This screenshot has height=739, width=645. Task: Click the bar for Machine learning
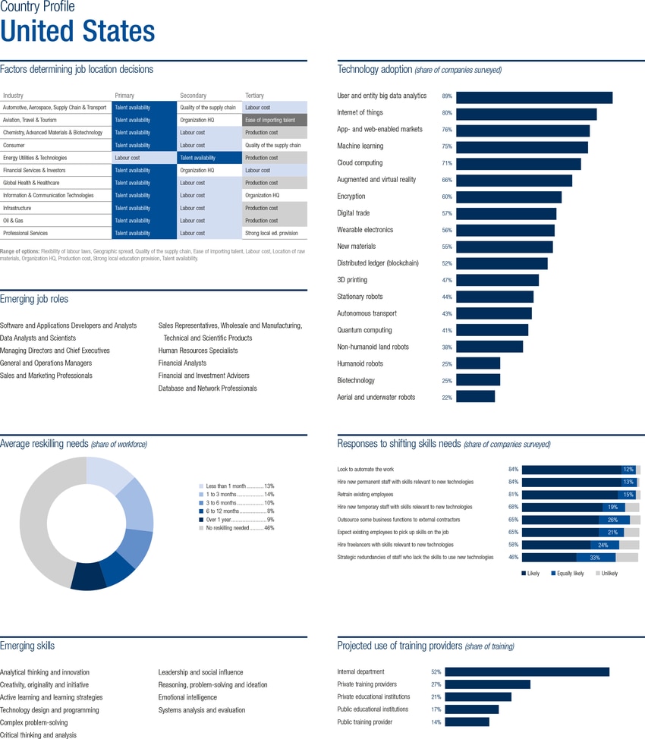click(521, 146)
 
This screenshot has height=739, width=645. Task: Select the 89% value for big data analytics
click(447, 96)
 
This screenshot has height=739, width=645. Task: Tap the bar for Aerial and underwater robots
click(475, 397)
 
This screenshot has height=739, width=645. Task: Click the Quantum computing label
click(364, 330)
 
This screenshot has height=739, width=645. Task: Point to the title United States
click(77, 31)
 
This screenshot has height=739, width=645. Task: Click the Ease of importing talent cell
click(274, 120)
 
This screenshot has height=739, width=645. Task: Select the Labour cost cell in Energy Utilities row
click(143, 158)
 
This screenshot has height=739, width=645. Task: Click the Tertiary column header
click(255, 96)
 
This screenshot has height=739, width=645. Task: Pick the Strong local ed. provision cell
click(274, 233)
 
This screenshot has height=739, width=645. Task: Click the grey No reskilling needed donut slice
click(42, 524)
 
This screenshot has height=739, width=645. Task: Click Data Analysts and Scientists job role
click(38, 338)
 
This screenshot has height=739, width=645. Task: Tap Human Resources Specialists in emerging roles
click(197, 351)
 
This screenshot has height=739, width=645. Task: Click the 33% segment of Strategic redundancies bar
click(596, 557)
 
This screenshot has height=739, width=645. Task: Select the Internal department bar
click(527, 671)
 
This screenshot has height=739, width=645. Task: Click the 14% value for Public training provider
click(436, 722)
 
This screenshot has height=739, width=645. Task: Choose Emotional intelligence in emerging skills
click(187, 697)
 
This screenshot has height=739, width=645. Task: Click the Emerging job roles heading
click(34, 299)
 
